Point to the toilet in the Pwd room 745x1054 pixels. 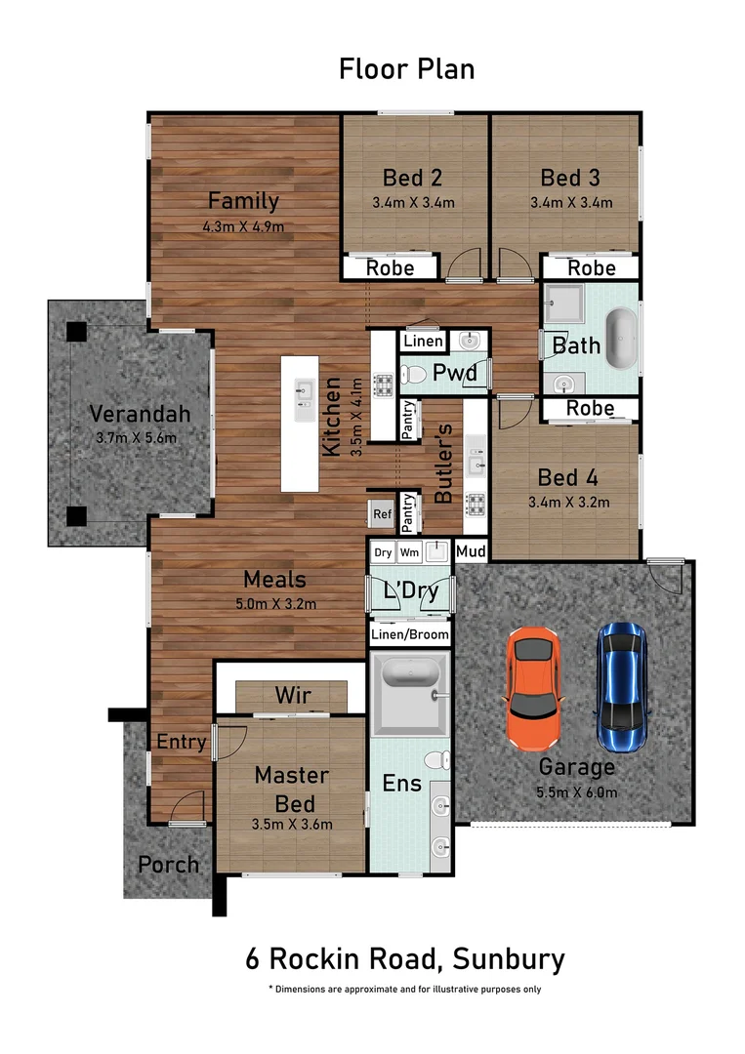point(415,374)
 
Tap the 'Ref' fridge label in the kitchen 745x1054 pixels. point(379,513)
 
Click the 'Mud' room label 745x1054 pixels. point(471,551)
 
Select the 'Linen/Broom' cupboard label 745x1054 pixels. point(410,634)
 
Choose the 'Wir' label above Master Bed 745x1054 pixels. point(292,696)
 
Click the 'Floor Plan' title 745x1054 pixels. point(406,69)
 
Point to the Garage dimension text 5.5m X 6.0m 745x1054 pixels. point(576,792)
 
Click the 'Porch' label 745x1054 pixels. point(168,865)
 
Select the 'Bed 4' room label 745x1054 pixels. point(568,478)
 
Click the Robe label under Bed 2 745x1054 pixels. point(390,267)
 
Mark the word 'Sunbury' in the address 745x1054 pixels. point(508,958)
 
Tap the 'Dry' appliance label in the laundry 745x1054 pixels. point(384,552)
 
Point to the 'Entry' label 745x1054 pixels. point(182,743)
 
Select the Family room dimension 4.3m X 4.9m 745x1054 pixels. point(243,227)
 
